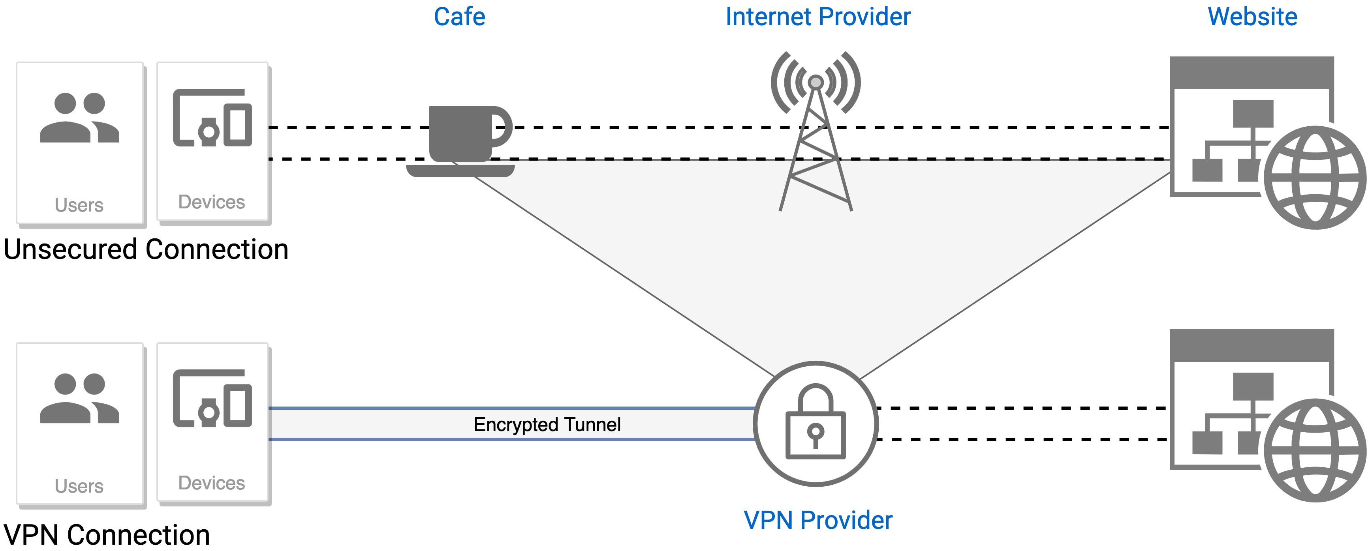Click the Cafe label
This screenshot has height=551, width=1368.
(x=459, y=17)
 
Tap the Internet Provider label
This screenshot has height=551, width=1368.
(x=818, y=17)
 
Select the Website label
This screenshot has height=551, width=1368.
(x=1252, y=17)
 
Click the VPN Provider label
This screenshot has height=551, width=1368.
(x=818, y=520)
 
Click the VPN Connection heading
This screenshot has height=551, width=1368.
(x=107, y=534)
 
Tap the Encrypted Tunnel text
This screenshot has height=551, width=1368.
(x=547, y=425)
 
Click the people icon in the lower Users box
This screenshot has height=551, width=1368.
(x=80, y=398)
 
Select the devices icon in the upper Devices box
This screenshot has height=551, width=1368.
(x=212, y=118)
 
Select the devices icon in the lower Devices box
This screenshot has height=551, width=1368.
(x=212, y=399)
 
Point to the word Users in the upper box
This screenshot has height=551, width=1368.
(x=79, y=205)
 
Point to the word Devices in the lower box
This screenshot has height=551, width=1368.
(x=211, y=483)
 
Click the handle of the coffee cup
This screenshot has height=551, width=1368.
(x=502, y=127)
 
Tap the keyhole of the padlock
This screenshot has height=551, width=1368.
(x=816, y=433)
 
